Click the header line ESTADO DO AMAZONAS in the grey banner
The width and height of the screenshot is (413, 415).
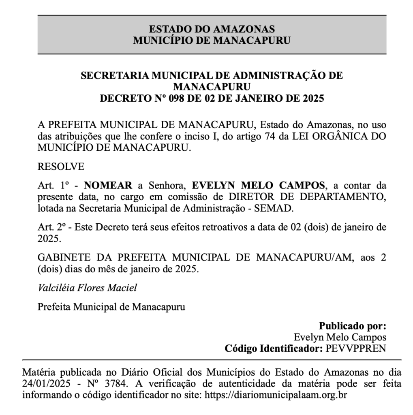click(212, 29)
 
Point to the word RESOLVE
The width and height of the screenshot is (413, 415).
click(61, 167)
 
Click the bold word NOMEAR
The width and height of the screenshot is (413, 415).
click(108, 186)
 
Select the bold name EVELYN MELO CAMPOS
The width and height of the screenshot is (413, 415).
click(259, 186)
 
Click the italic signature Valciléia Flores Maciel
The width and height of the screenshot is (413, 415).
click(87, 288)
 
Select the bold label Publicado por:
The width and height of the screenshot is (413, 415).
click(352, 326)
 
